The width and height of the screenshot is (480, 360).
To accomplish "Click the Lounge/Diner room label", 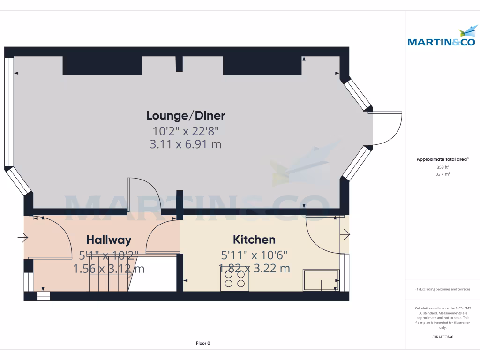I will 186,115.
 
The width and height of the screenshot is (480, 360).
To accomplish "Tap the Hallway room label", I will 108,240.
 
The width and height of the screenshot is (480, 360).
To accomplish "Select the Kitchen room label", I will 254,240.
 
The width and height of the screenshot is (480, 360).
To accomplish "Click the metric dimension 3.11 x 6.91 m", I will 186,144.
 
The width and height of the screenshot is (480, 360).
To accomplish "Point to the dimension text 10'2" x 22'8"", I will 186,130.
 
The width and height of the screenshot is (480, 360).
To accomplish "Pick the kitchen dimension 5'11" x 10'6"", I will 254,255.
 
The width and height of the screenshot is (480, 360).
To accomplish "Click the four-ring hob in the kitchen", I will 235,279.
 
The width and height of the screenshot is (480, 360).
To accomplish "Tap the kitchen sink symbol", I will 321,280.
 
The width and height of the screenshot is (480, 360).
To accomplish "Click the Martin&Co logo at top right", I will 442,37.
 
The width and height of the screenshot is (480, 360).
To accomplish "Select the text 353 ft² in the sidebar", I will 442,167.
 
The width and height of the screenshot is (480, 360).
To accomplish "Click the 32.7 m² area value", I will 442,174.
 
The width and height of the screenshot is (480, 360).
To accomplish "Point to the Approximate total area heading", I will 442,159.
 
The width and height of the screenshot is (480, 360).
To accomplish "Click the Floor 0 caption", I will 203,343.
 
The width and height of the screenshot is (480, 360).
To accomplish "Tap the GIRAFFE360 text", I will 443,337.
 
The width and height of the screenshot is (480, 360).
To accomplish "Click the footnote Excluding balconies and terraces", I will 442,289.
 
